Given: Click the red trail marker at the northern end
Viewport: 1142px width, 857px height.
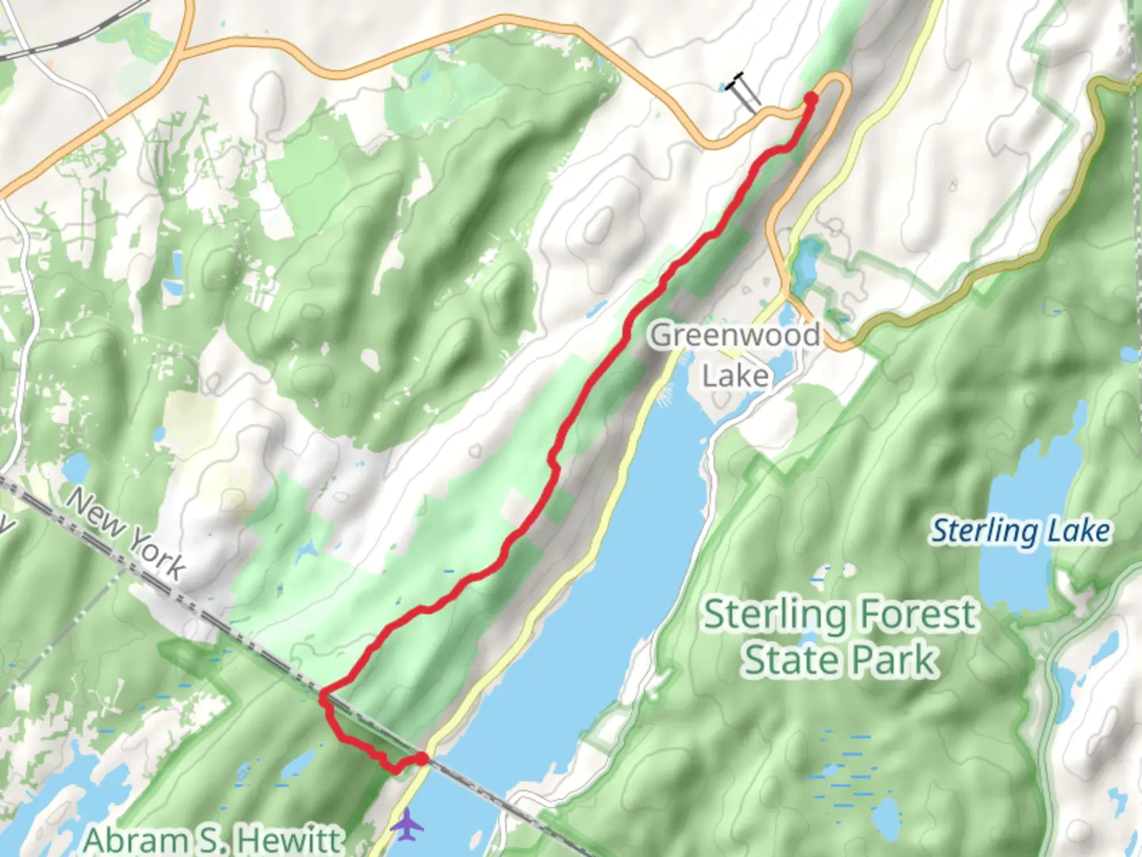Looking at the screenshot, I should [811, 98].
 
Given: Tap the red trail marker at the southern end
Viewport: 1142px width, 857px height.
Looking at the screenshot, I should [422, 759].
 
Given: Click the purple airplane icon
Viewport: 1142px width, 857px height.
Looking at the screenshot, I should [407, 825].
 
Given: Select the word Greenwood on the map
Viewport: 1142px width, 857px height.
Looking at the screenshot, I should [735, 335].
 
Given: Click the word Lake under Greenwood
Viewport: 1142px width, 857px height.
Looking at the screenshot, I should [735, 375].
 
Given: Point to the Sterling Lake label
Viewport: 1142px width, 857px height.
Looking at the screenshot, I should [1020, 531].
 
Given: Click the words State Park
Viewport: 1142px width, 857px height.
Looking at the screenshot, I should [839, 660].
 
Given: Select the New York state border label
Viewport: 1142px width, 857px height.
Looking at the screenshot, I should [125, 533].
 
